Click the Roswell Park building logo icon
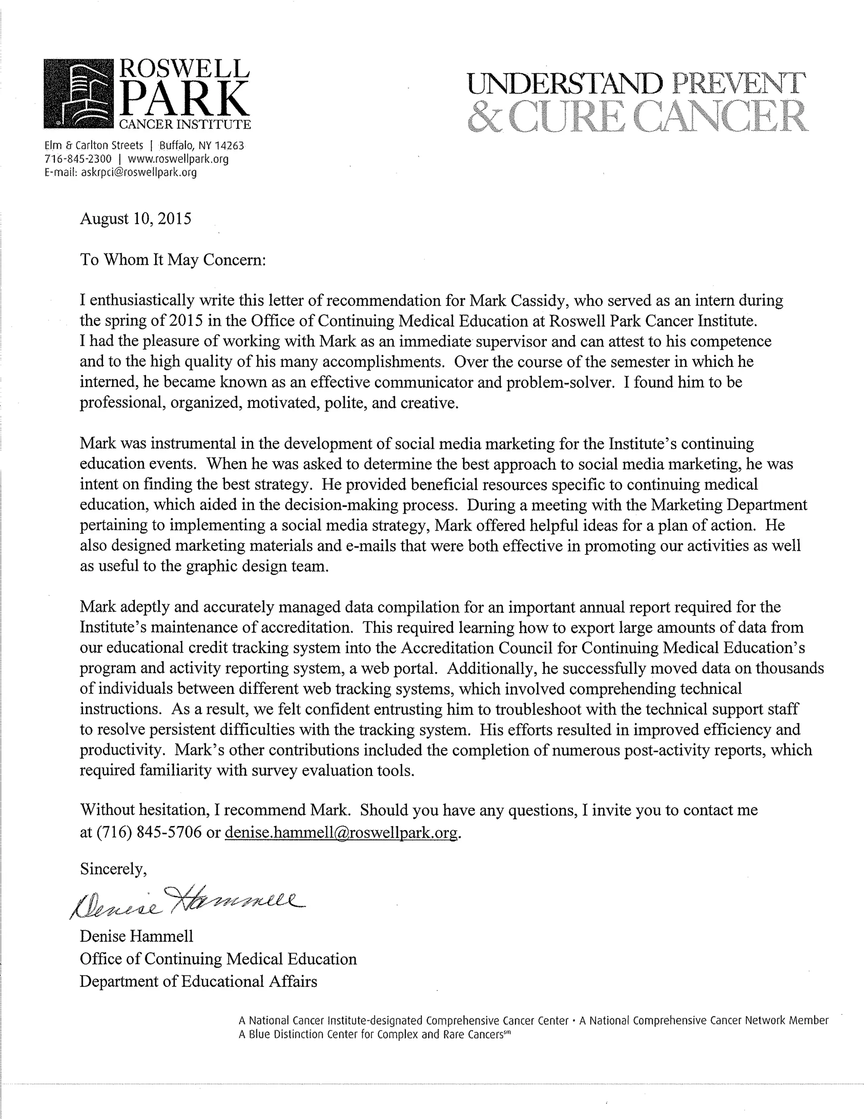click(78, 94)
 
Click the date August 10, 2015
click(136, 219)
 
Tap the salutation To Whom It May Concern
click(173, 260)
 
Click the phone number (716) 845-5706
click(148, 833)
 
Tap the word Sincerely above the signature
click(113, 869)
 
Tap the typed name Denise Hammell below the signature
click(136, 936)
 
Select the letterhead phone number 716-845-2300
click(78, 159)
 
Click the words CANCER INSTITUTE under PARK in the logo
click(184, 125)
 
